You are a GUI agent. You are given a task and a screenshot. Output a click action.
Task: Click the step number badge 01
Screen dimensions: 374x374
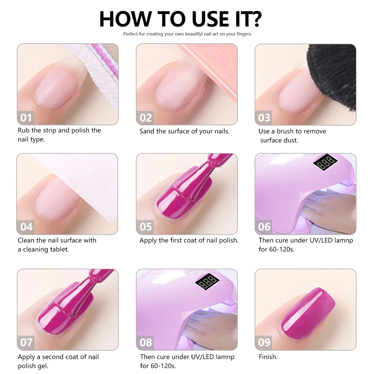(26, 118)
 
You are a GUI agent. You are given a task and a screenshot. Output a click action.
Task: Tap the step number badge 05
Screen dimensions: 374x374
(146, 227)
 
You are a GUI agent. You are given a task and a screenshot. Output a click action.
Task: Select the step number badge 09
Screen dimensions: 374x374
(264, 342)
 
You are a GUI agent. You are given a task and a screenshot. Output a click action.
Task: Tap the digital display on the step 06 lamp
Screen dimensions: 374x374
(325, 162)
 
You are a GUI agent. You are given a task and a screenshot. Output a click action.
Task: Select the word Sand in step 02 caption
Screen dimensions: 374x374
(147, 131)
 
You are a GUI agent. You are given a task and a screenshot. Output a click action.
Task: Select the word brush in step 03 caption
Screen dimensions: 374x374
(285, 131)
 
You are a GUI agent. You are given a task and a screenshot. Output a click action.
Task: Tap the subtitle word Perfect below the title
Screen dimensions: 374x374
(130, 34)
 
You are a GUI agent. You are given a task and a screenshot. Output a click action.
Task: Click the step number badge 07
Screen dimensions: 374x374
(26, 342)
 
